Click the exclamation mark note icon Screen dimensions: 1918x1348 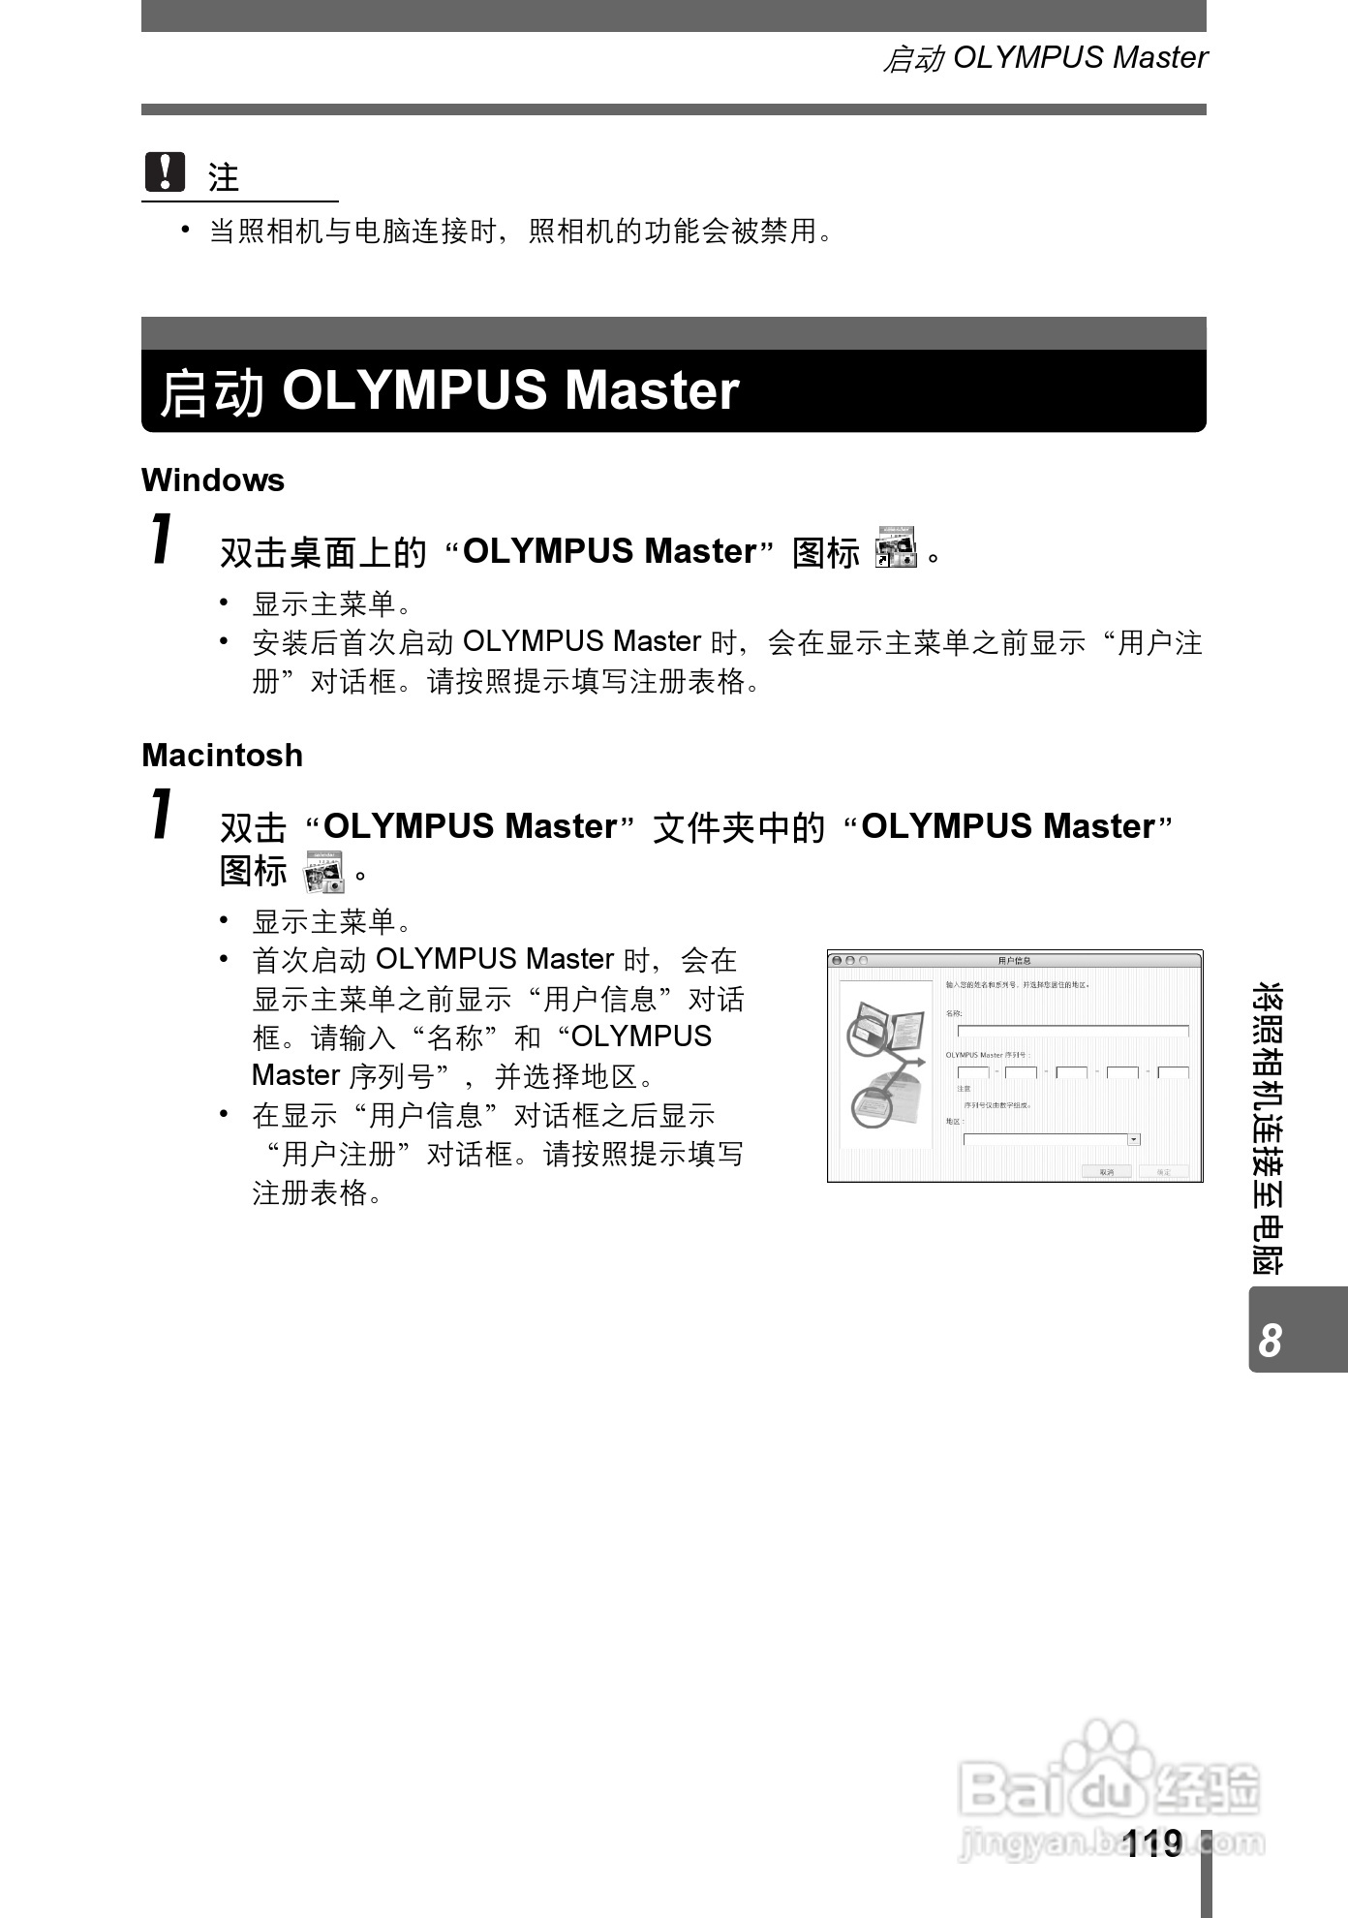(x=165, y=172)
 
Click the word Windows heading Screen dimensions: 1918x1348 (x=213, y=480)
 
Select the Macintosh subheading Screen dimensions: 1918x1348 (x=222, y=756)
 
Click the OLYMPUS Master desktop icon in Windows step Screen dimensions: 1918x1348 (x=896, y=548)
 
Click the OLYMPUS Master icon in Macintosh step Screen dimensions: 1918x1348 (x=323, y=872)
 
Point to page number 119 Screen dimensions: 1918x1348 (x=1153, y=1842)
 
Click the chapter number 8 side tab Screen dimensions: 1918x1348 (x=1270, y=1340)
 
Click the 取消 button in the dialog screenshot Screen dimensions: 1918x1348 (x=1106, y=1171)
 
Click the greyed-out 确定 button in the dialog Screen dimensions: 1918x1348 (x=1163, y=1171)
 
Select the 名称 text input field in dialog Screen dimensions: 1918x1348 (x=1072, y=1031)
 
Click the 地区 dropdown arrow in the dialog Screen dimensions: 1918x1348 (x=1134, y=1139)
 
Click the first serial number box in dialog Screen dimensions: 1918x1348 (x=972, y=1072)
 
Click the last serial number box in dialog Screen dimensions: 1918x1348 (x=1173, y=1072)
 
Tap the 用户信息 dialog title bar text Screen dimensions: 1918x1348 (x=1014, y=960)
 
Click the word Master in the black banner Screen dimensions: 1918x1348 (x=652, y=390)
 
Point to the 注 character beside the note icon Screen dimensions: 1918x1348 (x=224, y=177)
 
